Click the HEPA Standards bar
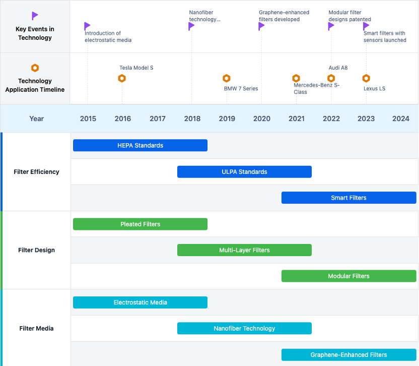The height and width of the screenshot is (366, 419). coord(141,145)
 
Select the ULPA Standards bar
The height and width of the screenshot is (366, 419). coord(245,172)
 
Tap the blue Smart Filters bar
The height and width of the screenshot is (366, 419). coord(348,198)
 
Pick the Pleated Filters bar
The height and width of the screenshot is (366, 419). coord(141,224)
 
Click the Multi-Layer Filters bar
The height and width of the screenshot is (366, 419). coord(245,250)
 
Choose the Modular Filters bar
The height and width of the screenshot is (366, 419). coord(348,276)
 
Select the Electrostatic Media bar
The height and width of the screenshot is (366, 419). coord(141,302)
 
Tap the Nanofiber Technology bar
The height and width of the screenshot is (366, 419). coord(245,329)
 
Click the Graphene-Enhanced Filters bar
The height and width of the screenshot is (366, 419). coord(348,355)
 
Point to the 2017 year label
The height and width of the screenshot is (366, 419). coord(158,118)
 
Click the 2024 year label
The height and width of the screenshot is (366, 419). coord(401,118)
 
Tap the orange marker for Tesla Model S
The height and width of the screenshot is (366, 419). coord(122,78)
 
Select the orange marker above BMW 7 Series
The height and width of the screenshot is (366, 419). coord(227,78)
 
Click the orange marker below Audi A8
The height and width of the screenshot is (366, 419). coord(331,78)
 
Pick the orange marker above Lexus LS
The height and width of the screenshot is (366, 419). coord(366,78)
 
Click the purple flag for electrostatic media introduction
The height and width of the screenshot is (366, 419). coord(87,26)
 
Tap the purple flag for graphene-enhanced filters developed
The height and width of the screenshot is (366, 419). coord(261,26)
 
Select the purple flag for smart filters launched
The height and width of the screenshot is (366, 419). coord(366,26)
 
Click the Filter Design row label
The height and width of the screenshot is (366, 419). coord(36,250)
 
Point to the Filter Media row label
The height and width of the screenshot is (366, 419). coord(36,329)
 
